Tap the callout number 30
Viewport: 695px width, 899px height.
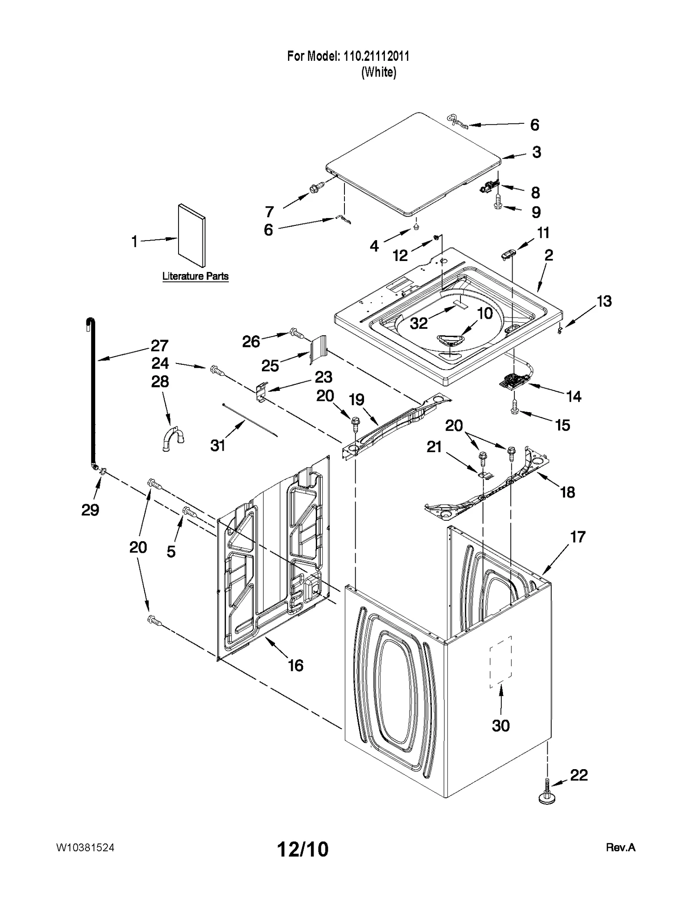(x=500, y=725)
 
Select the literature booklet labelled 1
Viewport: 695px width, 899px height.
(x=192, y=235)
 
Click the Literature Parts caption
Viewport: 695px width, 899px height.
(x=195, y=276)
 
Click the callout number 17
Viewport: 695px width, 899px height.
(x=578, y=537)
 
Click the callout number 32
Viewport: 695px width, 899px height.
(x=419, y=323)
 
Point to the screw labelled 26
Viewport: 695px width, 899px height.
(x=295, y=334)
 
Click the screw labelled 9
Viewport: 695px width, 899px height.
(x=498, y=205)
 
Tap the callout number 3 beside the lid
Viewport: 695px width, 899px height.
(x=536, y=152)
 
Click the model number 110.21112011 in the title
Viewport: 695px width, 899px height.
(x=376, y=56)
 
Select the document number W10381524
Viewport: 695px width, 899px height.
(x=86, y=847)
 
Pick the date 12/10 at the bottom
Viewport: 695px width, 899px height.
(x=303, y=849)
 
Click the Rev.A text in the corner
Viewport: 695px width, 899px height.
(x=620, y=847)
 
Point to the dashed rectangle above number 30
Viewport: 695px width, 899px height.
(x=501, y=662)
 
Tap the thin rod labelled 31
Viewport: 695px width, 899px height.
(x=250, y=420)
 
